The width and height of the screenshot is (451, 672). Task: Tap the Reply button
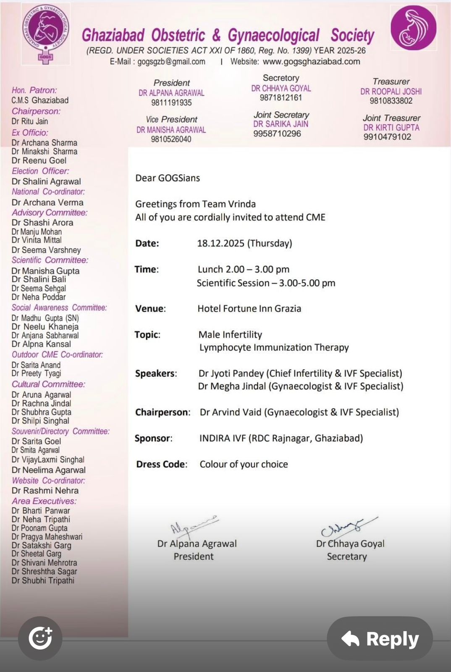(x=380, y=638)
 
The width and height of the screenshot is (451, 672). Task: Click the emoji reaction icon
(x=40, y=638)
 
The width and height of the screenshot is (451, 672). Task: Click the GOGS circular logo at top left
(x=46, y=34)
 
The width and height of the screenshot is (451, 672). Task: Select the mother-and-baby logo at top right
(x=413, y=28)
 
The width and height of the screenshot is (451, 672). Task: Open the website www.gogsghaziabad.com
(x=311, y=62)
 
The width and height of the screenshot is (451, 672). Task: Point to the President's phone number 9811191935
(x=171, y=102)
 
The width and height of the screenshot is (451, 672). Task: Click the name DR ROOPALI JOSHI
(x=391, y=92)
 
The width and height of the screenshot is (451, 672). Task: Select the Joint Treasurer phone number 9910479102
(x=387, y=137)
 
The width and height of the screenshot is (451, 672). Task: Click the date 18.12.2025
(x=221, y=243)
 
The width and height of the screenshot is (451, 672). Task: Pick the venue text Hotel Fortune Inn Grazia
(x=249, y=309)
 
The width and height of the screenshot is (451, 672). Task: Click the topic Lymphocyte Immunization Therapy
(x=274, y=348)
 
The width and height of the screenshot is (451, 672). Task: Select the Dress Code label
(x=161, y=465)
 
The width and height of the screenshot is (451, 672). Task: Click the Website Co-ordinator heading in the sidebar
(x=48, y=480)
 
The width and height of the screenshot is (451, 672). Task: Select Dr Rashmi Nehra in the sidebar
(x=45, y=491)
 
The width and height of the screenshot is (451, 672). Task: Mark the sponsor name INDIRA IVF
(x=223, y=438)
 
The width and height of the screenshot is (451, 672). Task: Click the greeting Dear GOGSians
(x=168, y=178)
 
